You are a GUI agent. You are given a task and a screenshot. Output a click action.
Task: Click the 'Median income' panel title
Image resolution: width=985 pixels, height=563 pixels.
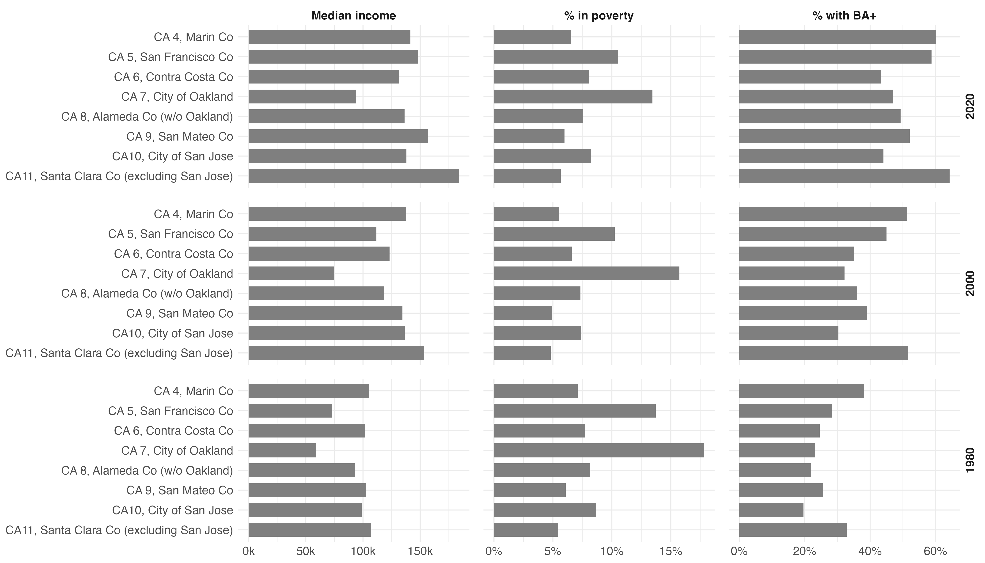click(x=353, y=16)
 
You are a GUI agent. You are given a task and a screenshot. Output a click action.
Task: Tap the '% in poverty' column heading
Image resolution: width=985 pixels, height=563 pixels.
click(x=599, y=16)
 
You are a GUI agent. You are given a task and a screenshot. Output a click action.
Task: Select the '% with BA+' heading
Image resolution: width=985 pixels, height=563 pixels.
click(x=844, y=16)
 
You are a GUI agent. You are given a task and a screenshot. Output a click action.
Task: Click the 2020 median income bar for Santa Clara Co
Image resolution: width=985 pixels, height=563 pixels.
click(x=353, y=176)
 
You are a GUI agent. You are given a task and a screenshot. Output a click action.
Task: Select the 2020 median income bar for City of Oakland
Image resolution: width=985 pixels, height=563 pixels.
click(x=302, y=97)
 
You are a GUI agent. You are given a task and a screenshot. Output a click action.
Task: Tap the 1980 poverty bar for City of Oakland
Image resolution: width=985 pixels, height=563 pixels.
click(x=599, y=450)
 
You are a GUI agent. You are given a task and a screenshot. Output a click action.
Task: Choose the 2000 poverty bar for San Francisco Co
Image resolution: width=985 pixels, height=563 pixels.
click(x=554, y=234)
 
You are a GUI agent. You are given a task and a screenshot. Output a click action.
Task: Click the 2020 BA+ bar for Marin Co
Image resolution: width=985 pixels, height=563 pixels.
click(x=837, y=37)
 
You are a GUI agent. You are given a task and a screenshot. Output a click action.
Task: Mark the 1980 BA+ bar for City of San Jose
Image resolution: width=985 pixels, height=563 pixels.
click(x=771, y=510)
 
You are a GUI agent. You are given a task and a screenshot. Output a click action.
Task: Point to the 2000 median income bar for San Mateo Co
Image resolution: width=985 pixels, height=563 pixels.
click(x=325, y=313)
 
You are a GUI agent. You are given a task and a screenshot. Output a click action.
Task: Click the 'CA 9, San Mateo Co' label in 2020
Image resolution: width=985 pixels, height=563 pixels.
click(x=180, y=137)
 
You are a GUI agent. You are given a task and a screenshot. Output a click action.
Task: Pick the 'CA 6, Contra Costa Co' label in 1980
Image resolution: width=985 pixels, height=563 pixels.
click(x=174, y=431)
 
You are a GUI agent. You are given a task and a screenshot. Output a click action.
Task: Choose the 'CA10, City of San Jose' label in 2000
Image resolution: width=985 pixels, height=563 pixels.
click(x=172, y=333)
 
